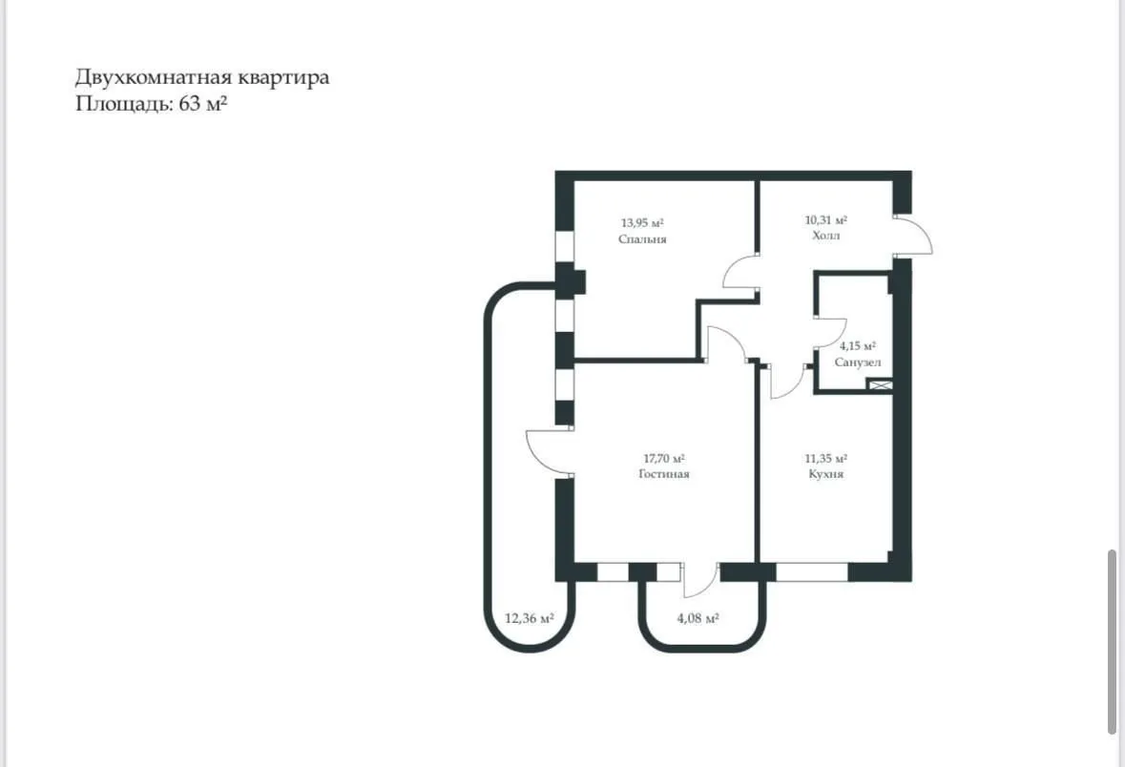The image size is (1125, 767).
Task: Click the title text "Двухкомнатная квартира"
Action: click(202, 77)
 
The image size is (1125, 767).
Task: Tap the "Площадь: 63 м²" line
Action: click(152, 104)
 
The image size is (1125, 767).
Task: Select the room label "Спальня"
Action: click(642, 239)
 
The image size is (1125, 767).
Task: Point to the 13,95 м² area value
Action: click(642, 222)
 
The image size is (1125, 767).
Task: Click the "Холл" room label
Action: click(825, 236)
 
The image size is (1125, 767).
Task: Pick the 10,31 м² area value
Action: click(825, 219)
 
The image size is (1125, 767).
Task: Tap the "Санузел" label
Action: click(858, 363)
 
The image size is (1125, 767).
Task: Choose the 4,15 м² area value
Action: click(858, 346)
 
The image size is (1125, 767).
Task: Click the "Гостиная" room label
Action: click(664, 474)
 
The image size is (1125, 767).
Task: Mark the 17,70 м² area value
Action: click(664, 458)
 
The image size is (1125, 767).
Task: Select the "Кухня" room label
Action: click(825, 474)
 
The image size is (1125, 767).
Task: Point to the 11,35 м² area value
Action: click(825, 458)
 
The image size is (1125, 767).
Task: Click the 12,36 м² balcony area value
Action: click(530, 618)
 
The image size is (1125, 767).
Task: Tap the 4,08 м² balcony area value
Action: click(698, 618)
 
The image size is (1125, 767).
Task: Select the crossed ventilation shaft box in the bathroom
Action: click(881, 385)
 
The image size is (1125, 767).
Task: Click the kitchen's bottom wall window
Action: click(812, 571)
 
